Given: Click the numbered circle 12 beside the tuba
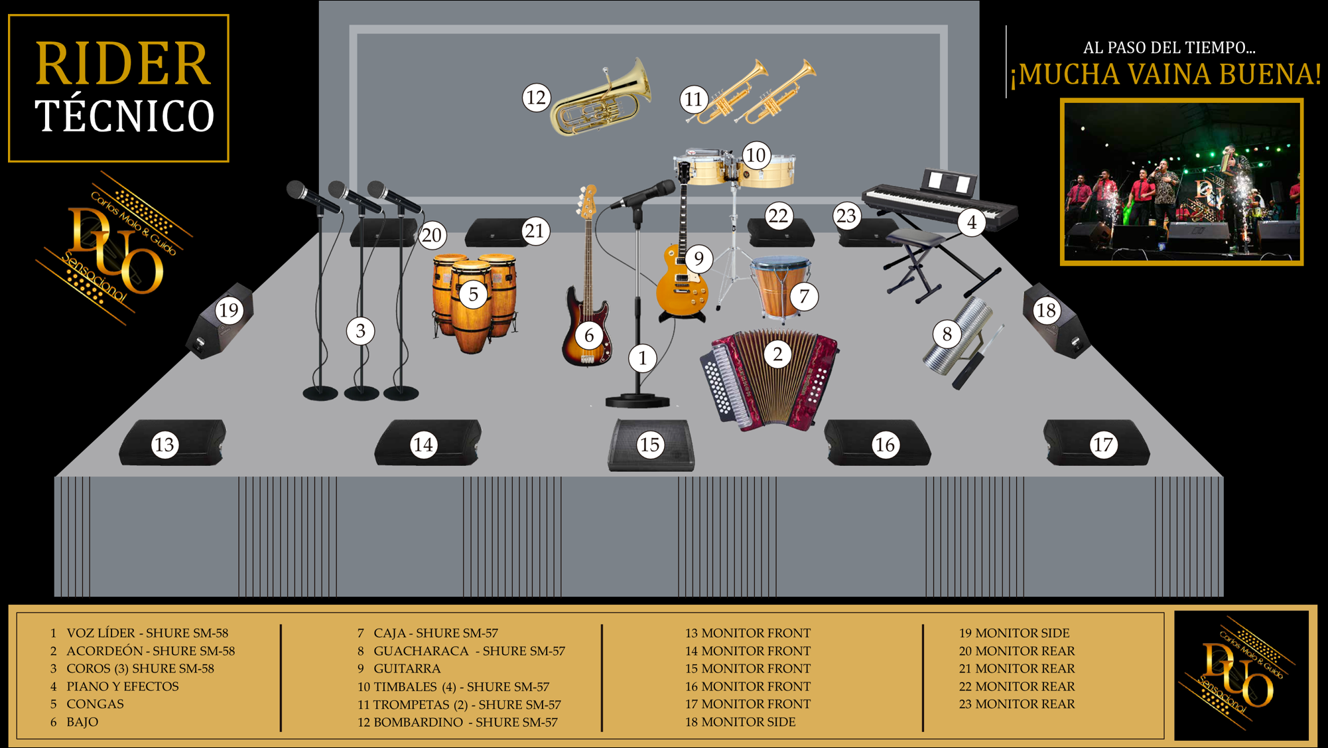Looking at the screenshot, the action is pyautogui.click(x=536, y=98).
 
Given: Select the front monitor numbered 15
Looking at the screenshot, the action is pyautogui.click(x=651, y=445).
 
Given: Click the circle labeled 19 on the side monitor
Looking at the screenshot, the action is pyautogui.click(x=229, y=310).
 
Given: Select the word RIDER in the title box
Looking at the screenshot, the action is pyautogui.click(x=123, y=64).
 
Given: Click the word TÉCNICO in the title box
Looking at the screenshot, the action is pyautogui.click(x=125, y=116).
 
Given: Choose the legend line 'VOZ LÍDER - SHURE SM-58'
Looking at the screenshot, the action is pyautogui.click(x=147, y=633).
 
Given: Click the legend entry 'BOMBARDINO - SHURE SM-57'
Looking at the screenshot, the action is pyautogui.click(x=466, y=722).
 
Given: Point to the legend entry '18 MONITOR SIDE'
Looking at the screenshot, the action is pyautogui.click(x=740, y=722).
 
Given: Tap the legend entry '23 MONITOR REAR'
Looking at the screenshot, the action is pyautogui.click(x=1017, y=704).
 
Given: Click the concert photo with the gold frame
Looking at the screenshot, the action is pyautogui.click(x=1181, y=182).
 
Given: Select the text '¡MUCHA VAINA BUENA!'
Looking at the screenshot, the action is pyautogui.click(x=1165, y=74).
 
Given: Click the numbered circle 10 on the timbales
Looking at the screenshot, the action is pyautogui.click(x=756, y=155).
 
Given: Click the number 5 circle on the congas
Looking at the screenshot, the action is pyautogui.click(x=473, y=294).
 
